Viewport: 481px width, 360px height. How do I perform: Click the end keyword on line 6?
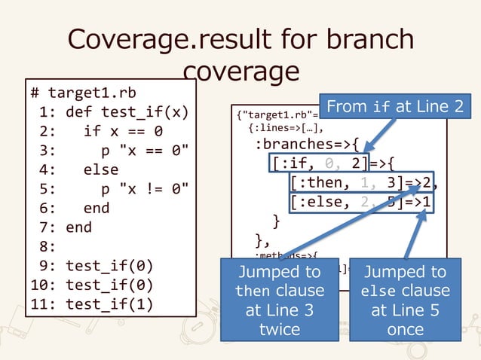click(x=97, y=208)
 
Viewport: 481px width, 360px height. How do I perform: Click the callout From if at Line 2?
click(x=395, y=108)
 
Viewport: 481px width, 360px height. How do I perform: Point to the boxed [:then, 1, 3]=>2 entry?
click(x=363, y=183)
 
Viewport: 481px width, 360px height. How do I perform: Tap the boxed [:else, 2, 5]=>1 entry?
click(x=363, y=203)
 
